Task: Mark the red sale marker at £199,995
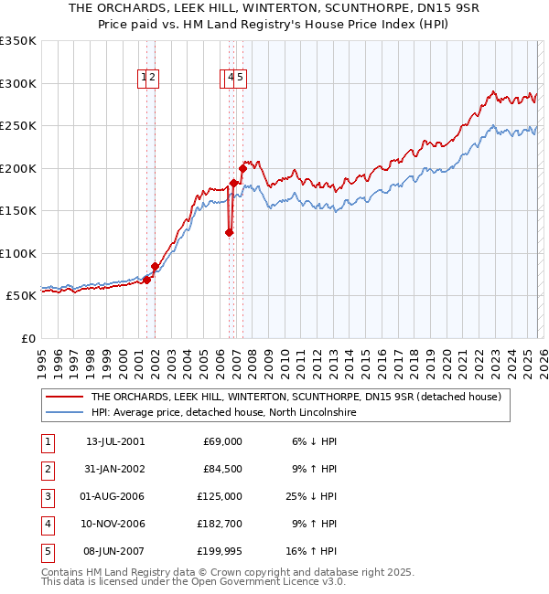[242, 168]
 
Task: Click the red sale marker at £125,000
[229, 232]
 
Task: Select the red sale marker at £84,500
[155, 267]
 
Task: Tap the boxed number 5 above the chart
[240, 79]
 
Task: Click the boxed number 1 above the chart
[145, 79]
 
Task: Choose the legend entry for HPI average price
[223, 413]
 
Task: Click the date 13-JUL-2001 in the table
[115, 441]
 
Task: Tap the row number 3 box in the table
[48, 496]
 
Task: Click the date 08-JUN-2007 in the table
[115, 551]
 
